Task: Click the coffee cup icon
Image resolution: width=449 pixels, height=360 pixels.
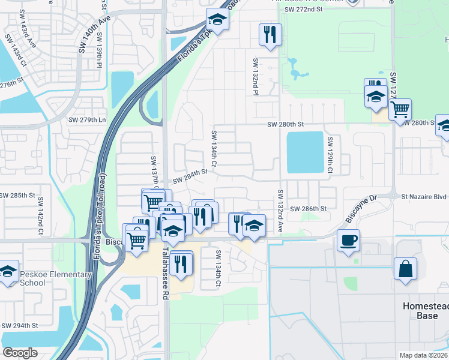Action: (348, 241)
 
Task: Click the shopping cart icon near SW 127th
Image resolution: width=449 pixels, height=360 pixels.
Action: (400, 110)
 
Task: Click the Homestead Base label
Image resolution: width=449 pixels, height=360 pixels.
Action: (425, 310)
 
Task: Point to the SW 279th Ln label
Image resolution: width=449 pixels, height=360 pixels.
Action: (86, 119)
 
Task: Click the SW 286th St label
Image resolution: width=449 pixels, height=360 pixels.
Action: (308, 208)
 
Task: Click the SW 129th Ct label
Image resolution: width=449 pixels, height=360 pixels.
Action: (330, 154)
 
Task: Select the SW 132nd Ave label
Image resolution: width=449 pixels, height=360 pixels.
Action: (280, 211)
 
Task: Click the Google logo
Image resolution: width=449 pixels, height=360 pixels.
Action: (20, 353)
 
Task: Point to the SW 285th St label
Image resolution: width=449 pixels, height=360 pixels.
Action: (19, 196)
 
